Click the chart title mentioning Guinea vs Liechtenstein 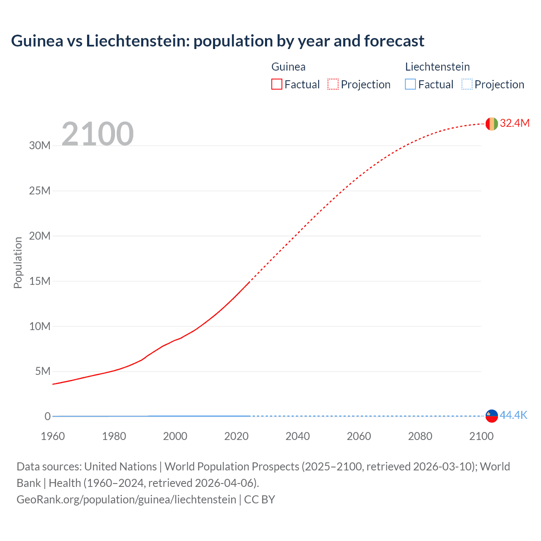217,41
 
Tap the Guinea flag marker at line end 492,124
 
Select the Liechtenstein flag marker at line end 492,416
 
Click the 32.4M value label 514,123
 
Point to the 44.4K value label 513,415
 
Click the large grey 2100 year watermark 98,134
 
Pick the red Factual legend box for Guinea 277,85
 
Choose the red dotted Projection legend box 333,85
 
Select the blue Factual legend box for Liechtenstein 410,85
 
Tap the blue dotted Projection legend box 467,85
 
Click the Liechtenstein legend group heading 437,67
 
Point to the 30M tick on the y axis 40,146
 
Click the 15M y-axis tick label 40,281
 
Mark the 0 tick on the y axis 47,416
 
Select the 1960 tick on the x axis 53,436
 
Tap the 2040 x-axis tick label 298,436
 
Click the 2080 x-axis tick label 420,436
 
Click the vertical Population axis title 18,262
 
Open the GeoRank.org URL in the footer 126,500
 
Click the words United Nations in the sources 120,467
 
